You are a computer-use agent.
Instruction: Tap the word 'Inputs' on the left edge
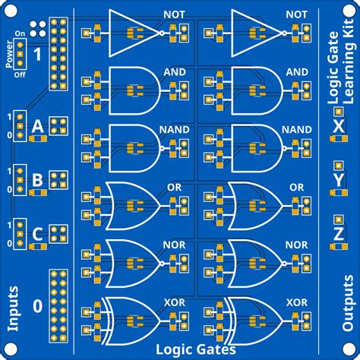coord(13,308)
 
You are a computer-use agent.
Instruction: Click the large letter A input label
coord(36,127)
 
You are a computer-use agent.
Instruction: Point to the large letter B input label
coord(36,181)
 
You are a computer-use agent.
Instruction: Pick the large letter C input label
coord(36,235)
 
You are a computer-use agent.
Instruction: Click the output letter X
coord(338,123)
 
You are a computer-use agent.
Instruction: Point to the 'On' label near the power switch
coord(21,34)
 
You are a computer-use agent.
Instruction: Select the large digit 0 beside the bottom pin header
coord(36,305)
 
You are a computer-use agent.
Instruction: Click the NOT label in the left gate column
coord(174,14)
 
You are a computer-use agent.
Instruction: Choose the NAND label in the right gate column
coord(296,129)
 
